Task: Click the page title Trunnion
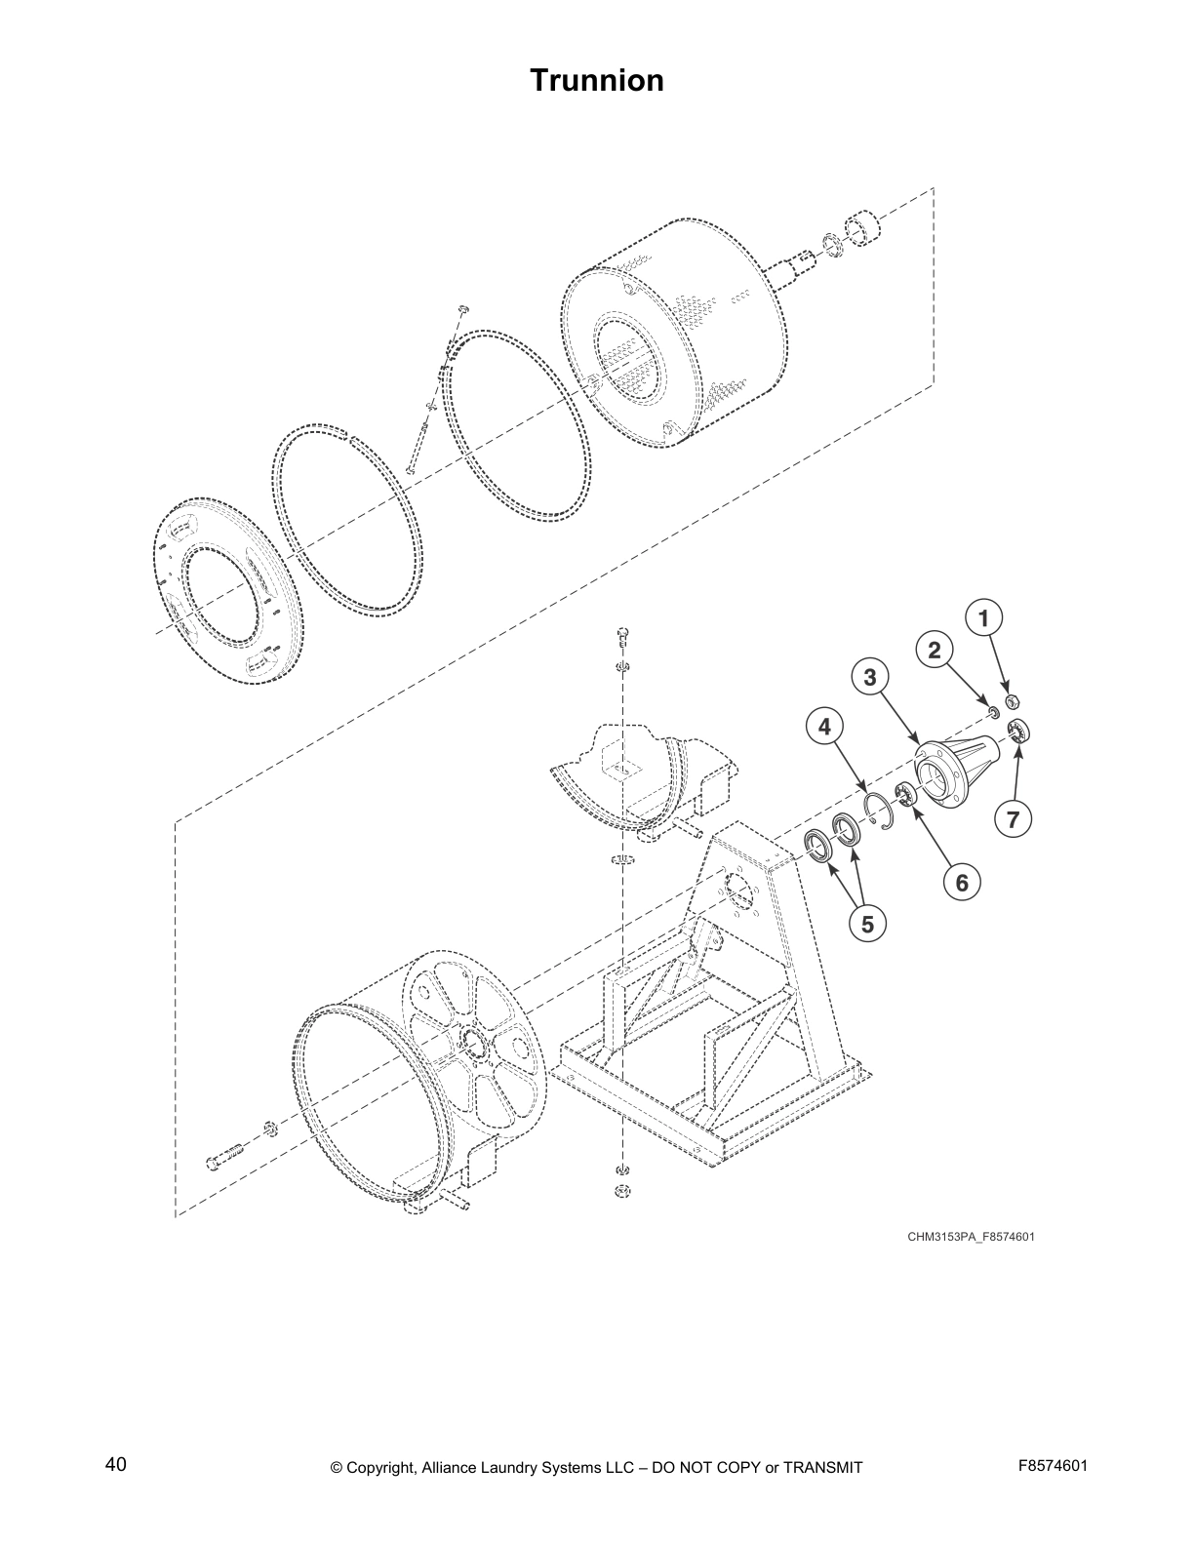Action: pyautogui.click(x=596, y=80)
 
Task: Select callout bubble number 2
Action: pyautogui.click(x=935, y=651)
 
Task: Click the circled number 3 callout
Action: pyautogui.click(x=870, y=676)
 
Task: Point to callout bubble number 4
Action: pyautogui.click(x=825, y=727)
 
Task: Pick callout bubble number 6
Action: pyautogui.click(x=962, y=883)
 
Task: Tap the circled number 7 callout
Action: pyautogui.click(x=1014, y=820)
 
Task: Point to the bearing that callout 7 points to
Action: pyautogui.click(x=1020, y=730)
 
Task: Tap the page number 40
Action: pyautogui.click(x=115, y=1464)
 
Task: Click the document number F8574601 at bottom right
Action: pyautogui.click(x=1053, y=1466)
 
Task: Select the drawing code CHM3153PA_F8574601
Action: pyautogui.click(x=970, y=1237)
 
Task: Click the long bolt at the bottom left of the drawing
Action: pyautogui.click(x=225, y=1160)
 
